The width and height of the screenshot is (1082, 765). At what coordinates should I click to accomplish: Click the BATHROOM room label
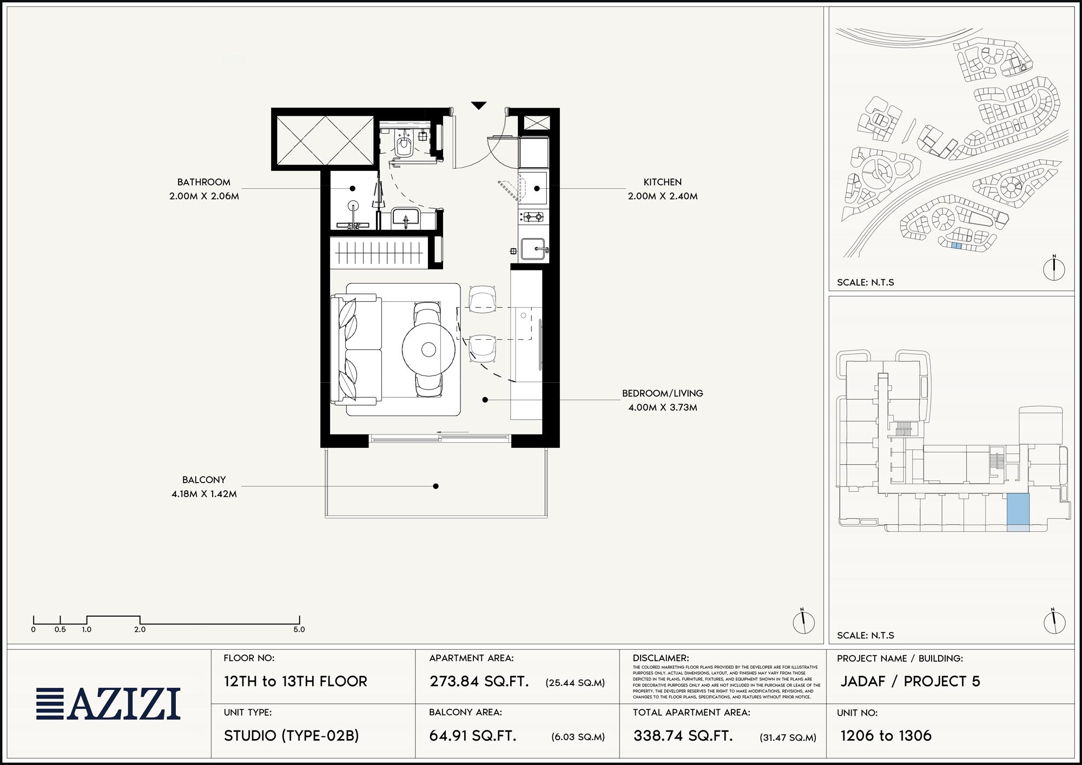[204, 182]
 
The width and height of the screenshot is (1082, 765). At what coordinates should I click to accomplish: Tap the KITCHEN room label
[662, 182]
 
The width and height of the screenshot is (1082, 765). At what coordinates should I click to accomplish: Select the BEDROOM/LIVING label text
[662, 393]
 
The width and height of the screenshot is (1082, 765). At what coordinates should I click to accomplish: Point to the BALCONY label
[204, 480]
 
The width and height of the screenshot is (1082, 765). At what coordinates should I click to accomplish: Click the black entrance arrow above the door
[479, 105]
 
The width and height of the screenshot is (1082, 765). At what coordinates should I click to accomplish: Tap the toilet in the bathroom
[403, 144]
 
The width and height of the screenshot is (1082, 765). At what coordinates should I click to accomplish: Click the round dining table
[428, 349]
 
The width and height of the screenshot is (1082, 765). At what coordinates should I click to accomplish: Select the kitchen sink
[534, 249]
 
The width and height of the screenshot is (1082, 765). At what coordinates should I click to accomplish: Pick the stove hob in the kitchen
[532, 217]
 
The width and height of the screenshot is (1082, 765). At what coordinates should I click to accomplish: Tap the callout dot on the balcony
[436, 486]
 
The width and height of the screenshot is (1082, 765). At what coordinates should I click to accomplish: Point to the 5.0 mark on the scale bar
[299, 630]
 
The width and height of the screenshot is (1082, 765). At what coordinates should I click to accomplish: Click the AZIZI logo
[108, 704]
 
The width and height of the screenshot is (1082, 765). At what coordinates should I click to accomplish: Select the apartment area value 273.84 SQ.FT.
[479, 682]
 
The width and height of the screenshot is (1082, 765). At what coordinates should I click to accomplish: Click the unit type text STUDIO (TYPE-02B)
[292, 736]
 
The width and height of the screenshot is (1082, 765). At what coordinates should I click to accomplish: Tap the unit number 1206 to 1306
[886, 736]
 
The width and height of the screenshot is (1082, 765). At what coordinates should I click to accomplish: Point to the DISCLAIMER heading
[661, 658]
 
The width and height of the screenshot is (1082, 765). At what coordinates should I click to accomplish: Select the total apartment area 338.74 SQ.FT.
[683, 736]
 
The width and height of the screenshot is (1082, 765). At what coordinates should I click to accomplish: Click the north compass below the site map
[1054, 268]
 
